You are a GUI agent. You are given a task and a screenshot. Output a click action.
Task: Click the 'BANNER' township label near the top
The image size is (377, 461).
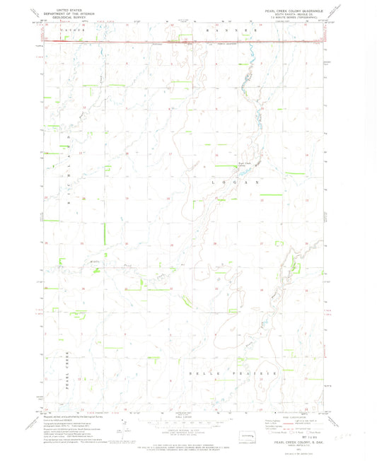[227, 32]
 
